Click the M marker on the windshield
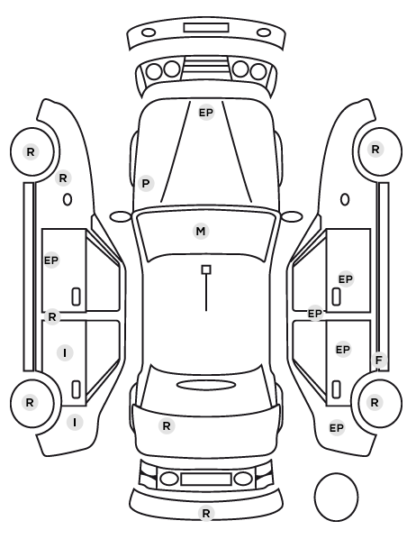pyautogui.click(x=201, y=231)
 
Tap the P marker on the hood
pyautogui.click(x=146, y=183)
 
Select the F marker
pyautogui.click(x=379, y=361)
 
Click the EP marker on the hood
pyautogui.click(x=206, y=113)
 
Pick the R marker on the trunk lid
pyautogui.click(x=167, y=426)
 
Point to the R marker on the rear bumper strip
pyautogui.click(x=206, y=513)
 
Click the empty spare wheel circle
pyautogui.click(x=336, y=497)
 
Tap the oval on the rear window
pyautogui.click(x=206, y=385)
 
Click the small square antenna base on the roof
pyautogui.click(x=206, y=269)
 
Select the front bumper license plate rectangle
pyautogui.click(x=206, y=28)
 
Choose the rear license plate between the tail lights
pyautogui.click(x=206, y=479)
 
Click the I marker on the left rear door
pyautogui.click(x=65, y=352)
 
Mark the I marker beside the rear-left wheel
pyautogui.click(x=75, y=422)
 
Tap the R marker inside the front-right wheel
pyautogui.click(x=375, y=150)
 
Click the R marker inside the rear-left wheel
pyautogui.click(x=30, y=402)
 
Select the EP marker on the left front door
pyautogui.click(x=51, y=260)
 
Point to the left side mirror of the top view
pyautogui.click(x=121, y=217)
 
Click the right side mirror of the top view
pyautogui.click(x=292, y=217)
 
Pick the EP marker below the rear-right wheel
pyautogui.click(x=337, y=428)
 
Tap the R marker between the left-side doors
pyautogui.click(x=52, y=316)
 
